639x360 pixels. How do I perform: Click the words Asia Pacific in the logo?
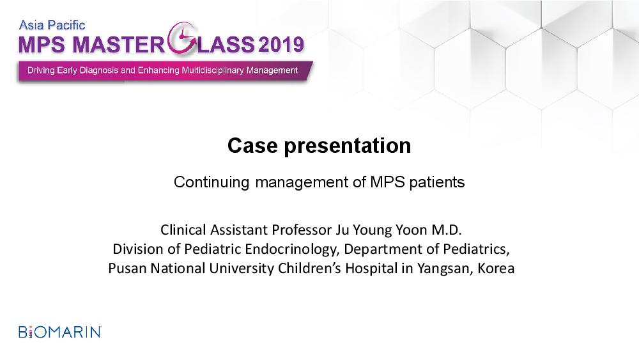52,26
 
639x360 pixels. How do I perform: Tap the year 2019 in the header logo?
281,44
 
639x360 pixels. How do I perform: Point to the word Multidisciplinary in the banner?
212,70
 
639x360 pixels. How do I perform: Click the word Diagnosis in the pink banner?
98,70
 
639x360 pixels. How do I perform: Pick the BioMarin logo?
60,332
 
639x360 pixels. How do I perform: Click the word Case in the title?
252,146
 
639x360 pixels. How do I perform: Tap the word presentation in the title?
347,146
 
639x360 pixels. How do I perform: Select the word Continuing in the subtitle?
211,182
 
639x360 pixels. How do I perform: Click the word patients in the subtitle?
437,182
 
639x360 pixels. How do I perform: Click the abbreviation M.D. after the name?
447,230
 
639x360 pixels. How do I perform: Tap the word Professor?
302,230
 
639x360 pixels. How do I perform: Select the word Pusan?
127,269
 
